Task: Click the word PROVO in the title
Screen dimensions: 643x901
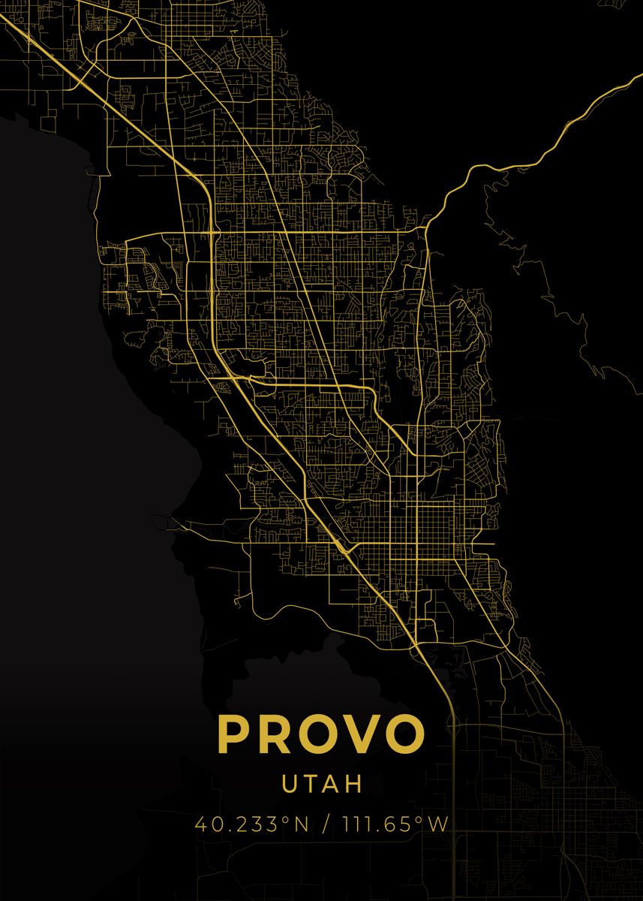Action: (321, 734)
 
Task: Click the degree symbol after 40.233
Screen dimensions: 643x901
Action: (285, 819)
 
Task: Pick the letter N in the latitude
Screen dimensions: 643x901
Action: (300, 824)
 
